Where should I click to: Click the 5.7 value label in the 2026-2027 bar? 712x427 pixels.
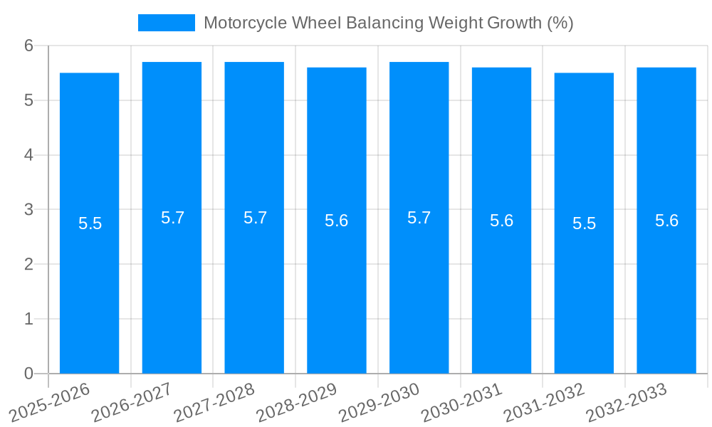(172, 218)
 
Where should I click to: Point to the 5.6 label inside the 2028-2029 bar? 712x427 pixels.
(337, 221)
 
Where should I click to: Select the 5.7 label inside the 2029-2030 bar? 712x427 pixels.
(419, 218)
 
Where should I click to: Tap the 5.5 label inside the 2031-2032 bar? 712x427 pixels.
(584, 223)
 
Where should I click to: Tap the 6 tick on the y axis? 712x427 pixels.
(28, 46)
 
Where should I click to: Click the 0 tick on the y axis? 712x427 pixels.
(28, 374)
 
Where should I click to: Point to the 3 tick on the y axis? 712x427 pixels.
(28, 210)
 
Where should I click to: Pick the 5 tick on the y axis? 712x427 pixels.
(28, 100)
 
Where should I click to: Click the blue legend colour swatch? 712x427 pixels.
(166, 23)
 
